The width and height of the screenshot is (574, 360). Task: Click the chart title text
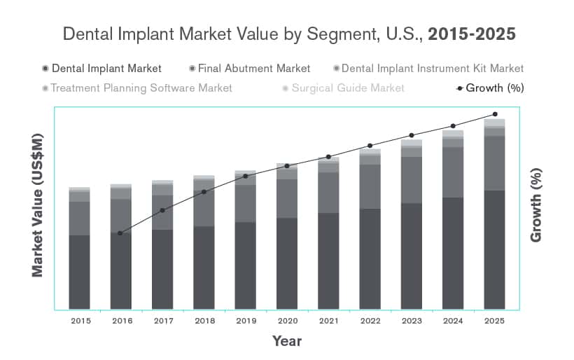coord(289,34)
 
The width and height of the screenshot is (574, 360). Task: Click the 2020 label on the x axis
coord(286,320)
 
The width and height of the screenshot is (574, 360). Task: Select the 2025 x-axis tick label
coord(494,320)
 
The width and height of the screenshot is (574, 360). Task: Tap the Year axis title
coord(287,341)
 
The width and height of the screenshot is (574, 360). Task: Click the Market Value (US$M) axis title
coord(38,205)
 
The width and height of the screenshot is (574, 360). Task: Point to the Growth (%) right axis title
coord(536,205)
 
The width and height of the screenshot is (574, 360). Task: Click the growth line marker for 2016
coord(120,233)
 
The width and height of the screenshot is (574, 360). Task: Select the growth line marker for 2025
coord(495,114)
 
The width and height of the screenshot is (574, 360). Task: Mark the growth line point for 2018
coord(204,192)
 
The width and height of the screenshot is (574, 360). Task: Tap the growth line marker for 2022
coord(370,146)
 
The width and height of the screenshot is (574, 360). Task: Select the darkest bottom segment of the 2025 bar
coord(494,249)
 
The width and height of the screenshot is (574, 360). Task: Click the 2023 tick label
coord(412,320)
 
